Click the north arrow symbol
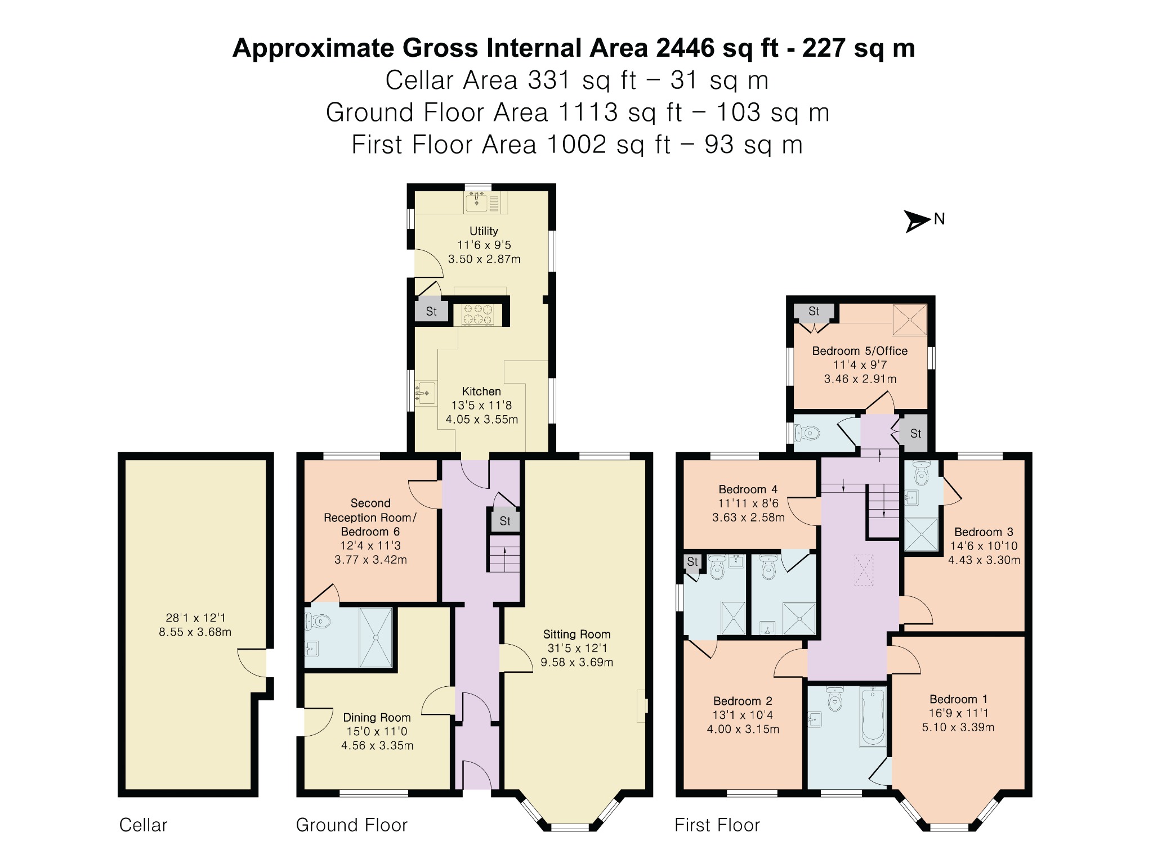click(917, 220)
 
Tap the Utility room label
click(484, 231)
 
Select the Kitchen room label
click(481, 391)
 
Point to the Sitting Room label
click(576, 634)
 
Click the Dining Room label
click(377, 718)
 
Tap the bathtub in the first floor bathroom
click(873, 715)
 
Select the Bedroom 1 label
click(958, 699)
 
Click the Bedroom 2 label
click(743, 701)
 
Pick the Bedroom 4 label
click(748, 489)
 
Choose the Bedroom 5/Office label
click(860, 351)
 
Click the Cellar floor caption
click(143, 825)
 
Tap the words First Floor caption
click(717, 825)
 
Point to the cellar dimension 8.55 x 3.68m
click(195, 632)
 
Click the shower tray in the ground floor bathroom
click(376, 637)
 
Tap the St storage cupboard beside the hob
click(431, 311)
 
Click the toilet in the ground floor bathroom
click(317, 622)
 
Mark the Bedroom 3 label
click(984, 532)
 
